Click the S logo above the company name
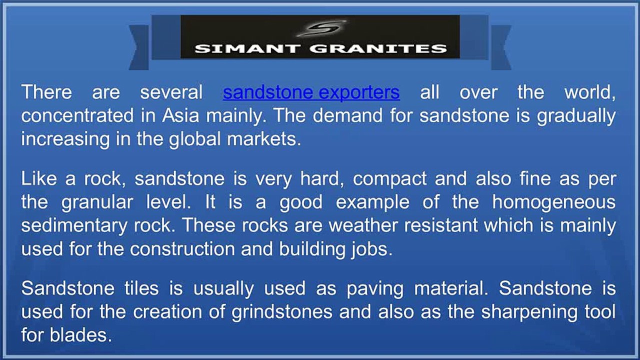[321, 28]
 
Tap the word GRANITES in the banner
[378, 48]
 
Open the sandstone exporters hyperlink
[311, 92]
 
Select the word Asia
[180, 115]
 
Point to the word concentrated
[77, 115]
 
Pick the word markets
[263, 139]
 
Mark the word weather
[363, 225]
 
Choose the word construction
[182, 249]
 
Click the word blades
[80, 334]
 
